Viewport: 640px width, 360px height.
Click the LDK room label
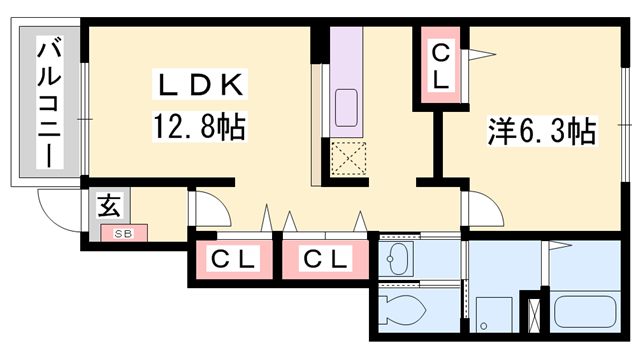[x=198, y=87]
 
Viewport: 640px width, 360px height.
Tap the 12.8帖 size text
[x=199, y=127]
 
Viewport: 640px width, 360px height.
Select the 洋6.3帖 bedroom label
[x=542, y=131]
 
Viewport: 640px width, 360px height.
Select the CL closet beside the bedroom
[x=441, y=66]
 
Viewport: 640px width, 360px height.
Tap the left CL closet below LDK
[x=234, y=260]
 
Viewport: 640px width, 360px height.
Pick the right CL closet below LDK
[x=327, y=260]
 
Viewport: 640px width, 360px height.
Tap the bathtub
[x=584, y=311]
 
